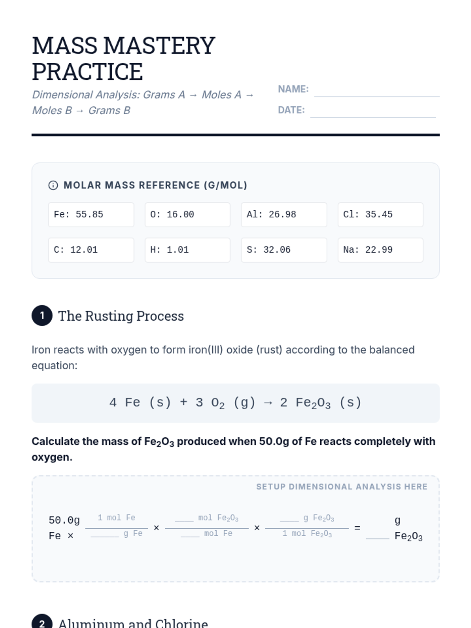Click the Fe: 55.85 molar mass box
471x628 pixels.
tap(91, 215)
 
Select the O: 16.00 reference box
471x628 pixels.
tap(187, 215)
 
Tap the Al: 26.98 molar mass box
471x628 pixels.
tap(284, 215)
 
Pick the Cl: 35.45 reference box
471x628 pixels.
tap(380, 215)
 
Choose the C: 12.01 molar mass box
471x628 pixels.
tap(91, 250)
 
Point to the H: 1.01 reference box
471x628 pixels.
tap(187, 250)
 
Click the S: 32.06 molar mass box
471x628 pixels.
tap(284, 250)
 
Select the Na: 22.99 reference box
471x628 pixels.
tap(380, 250)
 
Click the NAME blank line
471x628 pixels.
tap(376, 93)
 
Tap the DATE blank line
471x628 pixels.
tap(372, 113)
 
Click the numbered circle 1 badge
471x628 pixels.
tap(42, 316)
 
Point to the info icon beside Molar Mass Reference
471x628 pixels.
tap(53, 185)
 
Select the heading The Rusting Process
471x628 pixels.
tap(121, 316)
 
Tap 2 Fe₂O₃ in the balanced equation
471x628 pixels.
tap(305, 403)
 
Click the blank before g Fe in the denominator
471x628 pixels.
tap(105, 534)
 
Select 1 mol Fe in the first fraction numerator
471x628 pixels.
tap(116, 518)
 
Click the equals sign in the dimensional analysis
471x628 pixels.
tap(357, 528)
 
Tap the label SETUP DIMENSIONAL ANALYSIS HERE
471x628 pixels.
tap(341, 487)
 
